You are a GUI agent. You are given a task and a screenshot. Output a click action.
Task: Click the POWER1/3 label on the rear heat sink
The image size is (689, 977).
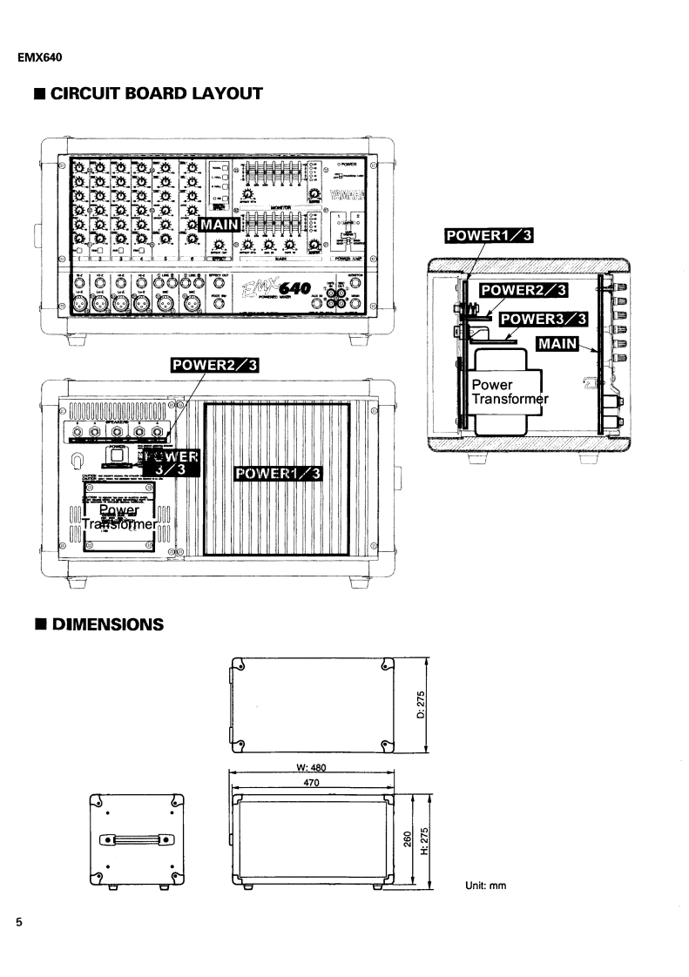(278, 472)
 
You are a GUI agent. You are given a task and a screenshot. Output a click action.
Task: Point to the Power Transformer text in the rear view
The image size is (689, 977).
(119, 517)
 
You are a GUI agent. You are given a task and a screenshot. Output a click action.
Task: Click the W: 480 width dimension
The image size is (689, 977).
(311, 768)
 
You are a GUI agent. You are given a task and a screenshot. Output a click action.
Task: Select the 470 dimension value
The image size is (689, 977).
(311, 784)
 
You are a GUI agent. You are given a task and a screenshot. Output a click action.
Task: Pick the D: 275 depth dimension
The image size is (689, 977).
(421, 704)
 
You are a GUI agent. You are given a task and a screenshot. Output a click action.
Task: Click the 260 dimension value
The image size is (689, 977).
(406, 842)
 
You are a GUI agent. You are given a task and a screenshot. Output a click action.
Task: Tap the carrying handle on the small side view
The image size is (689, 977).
(136, 839)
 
